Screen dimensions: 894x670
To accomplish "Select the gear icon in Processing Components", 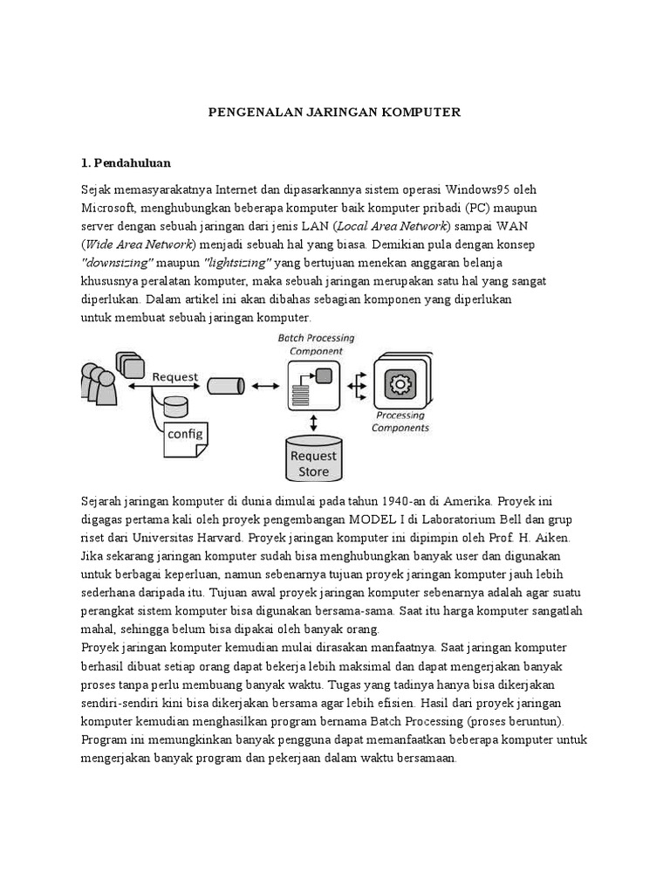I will click(x=402, y=384).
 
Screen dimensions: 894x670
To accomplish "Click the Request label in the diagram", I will click(x=175, y=377).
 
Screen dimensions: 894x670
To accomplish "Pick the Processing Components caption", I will click(x=400, y=422).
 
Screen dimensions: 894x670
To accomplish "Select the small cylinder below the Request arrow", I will click(x=175, y=406).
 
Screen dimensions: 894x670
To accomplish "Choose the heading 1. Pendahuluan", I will click(x=126, y=162).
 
